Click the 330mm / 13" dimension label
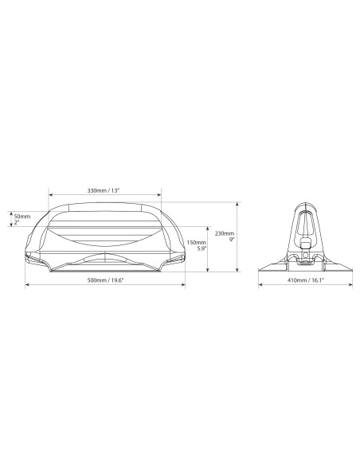pyautogui.click(x=104, y=190)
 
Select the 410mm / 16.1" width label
pyautogui.click(x=306, y=280)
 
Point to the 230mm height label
pyautogui.click(x=225, y=233)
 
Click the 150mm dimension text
pyautogui.click(x=196, y=243)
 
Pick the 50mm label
pyautogui.click(x=22, y=217)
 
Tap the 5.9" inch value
pyautogui.click(x=202, y=248)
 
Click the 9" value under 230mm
pyautogui.click(x=232, y=239)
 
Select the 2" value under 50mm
pyautogui.click(x=16, y=222)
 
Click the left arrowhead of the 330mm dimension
pyautogui.click(x=50, y=195)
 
